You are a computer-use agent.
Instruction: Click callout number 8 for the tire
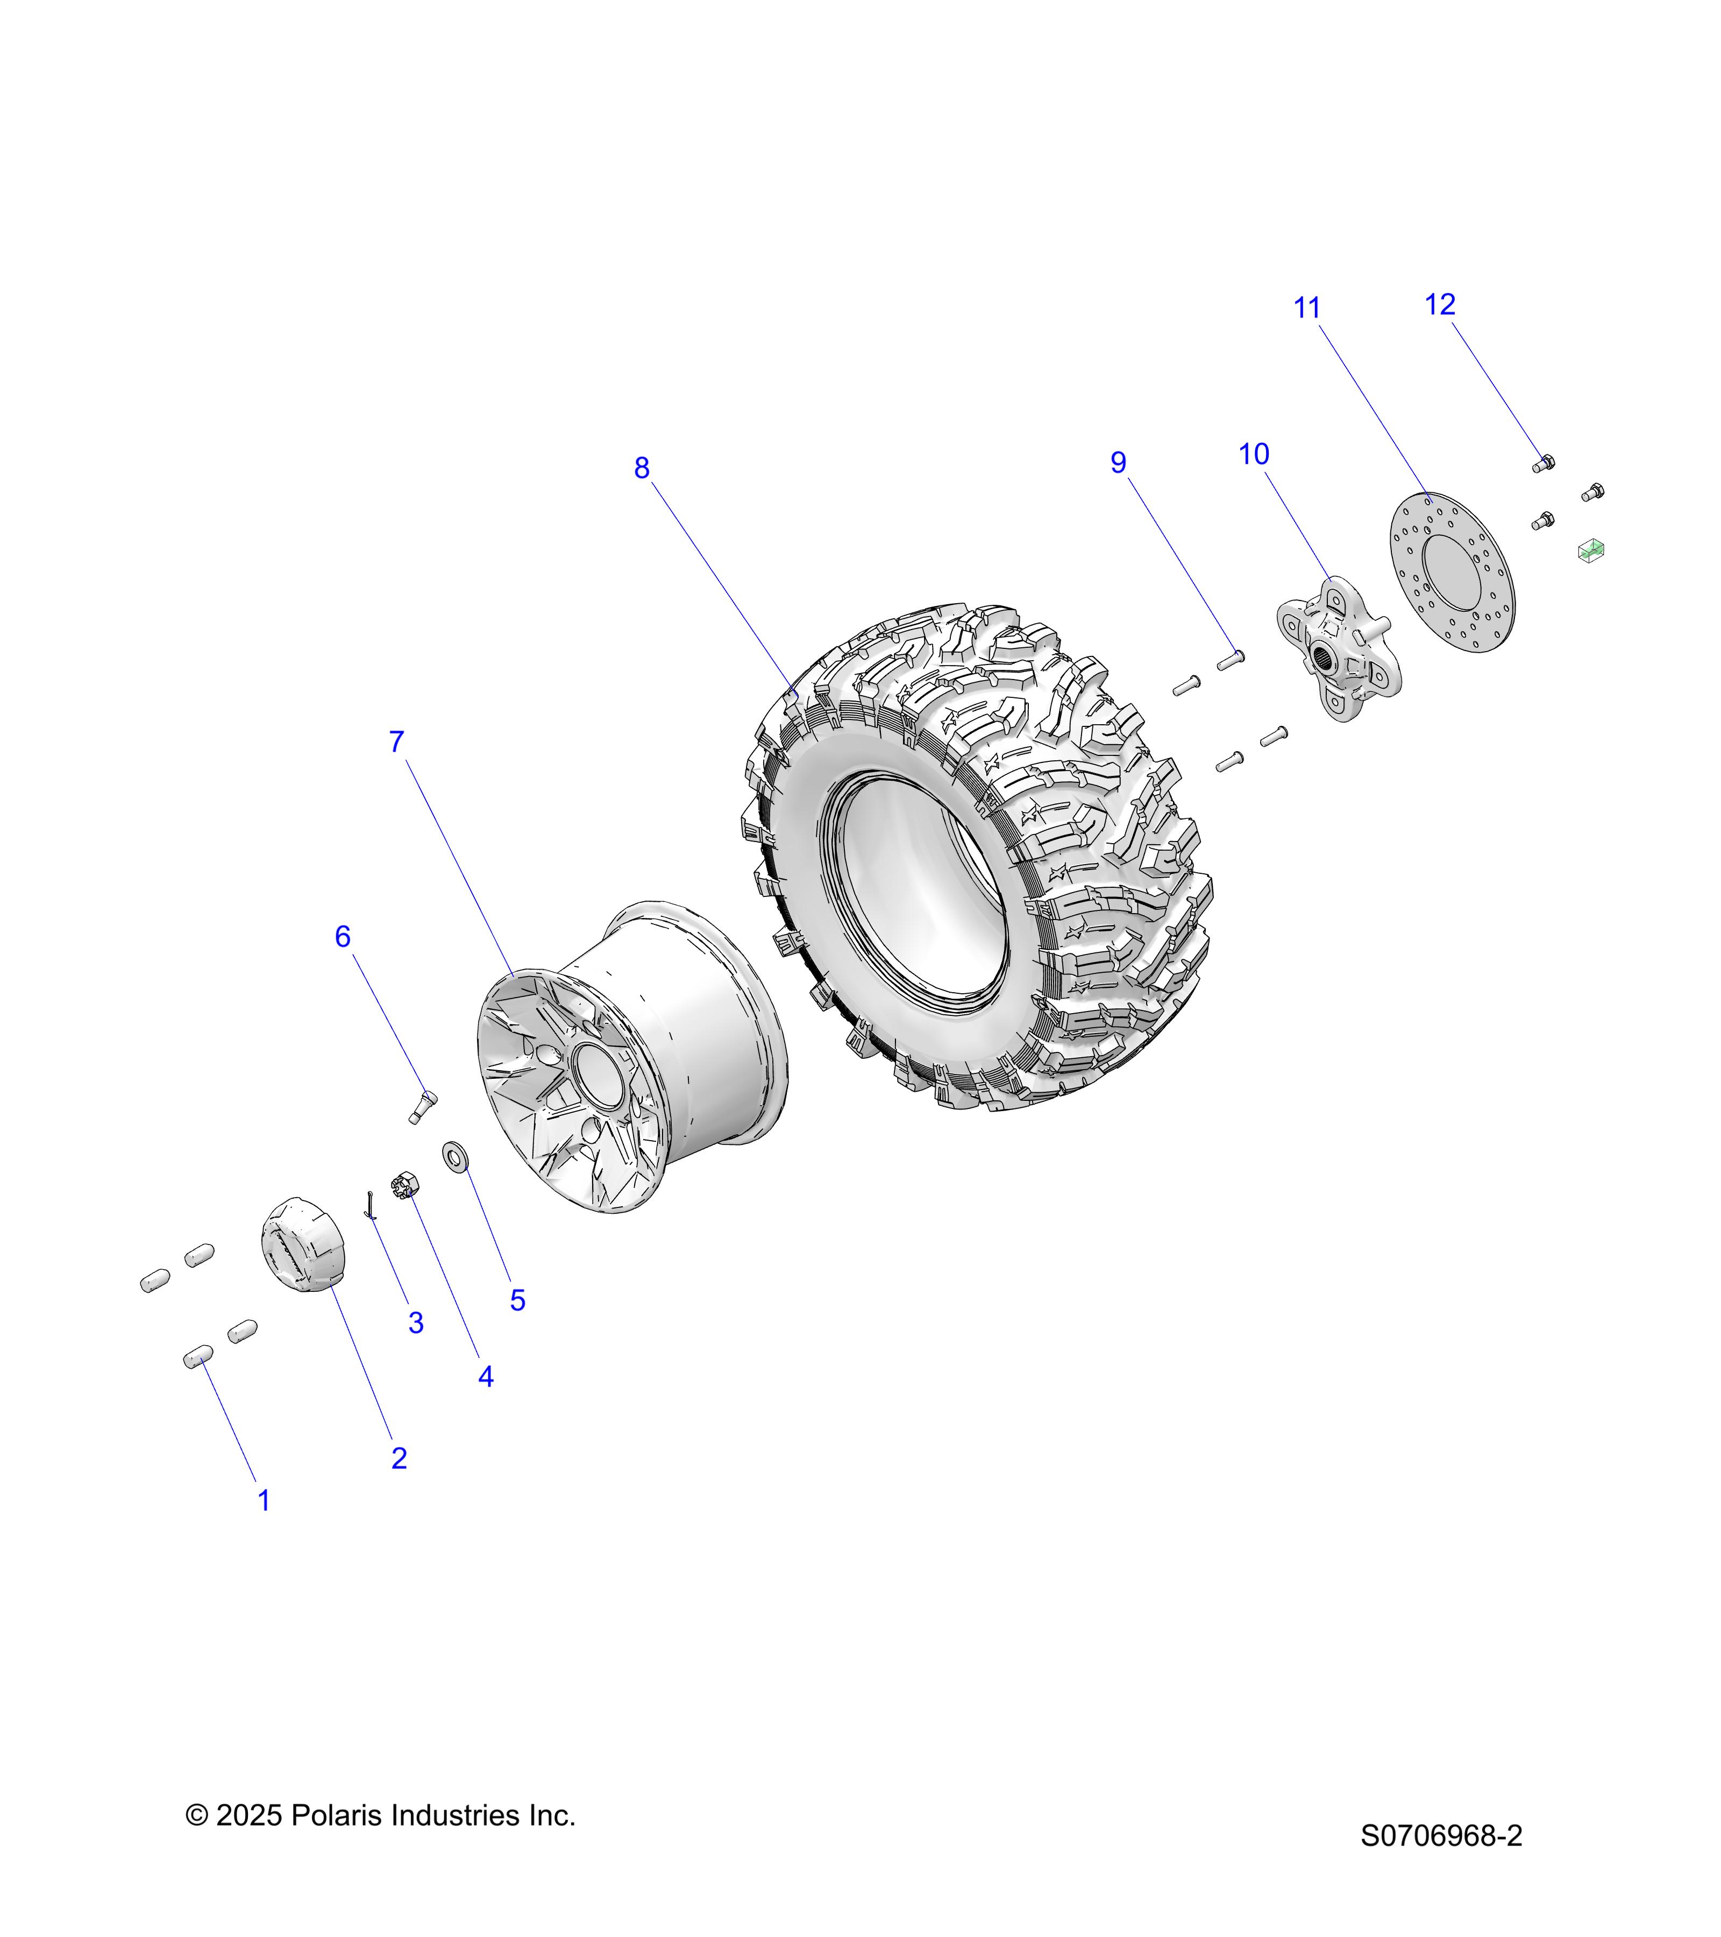pyautogui.click(x=642, y=468)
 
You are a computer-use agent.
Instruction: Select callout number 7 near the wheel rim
pyautogui.click(x=397, y=742)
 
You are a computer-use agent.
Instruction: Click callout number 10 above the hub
pyautogui.click(x=1254, y=455)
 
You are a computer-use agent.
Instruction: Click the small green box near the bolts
pyautogui.click(x=1590, y=550)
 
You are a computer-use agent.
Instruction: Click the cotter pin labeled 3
pyautogui.click(x=371, y=1205)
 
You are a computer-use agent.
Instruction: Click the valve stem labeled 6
pyautogui.click(x=422, y=1106)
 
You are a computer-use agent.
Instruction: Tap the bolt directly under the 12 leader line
pyautogui.click(x=1544, y=464)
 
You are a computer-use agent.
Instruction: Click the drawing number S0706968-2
pyautogui.click(x=1441, y=1836)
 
